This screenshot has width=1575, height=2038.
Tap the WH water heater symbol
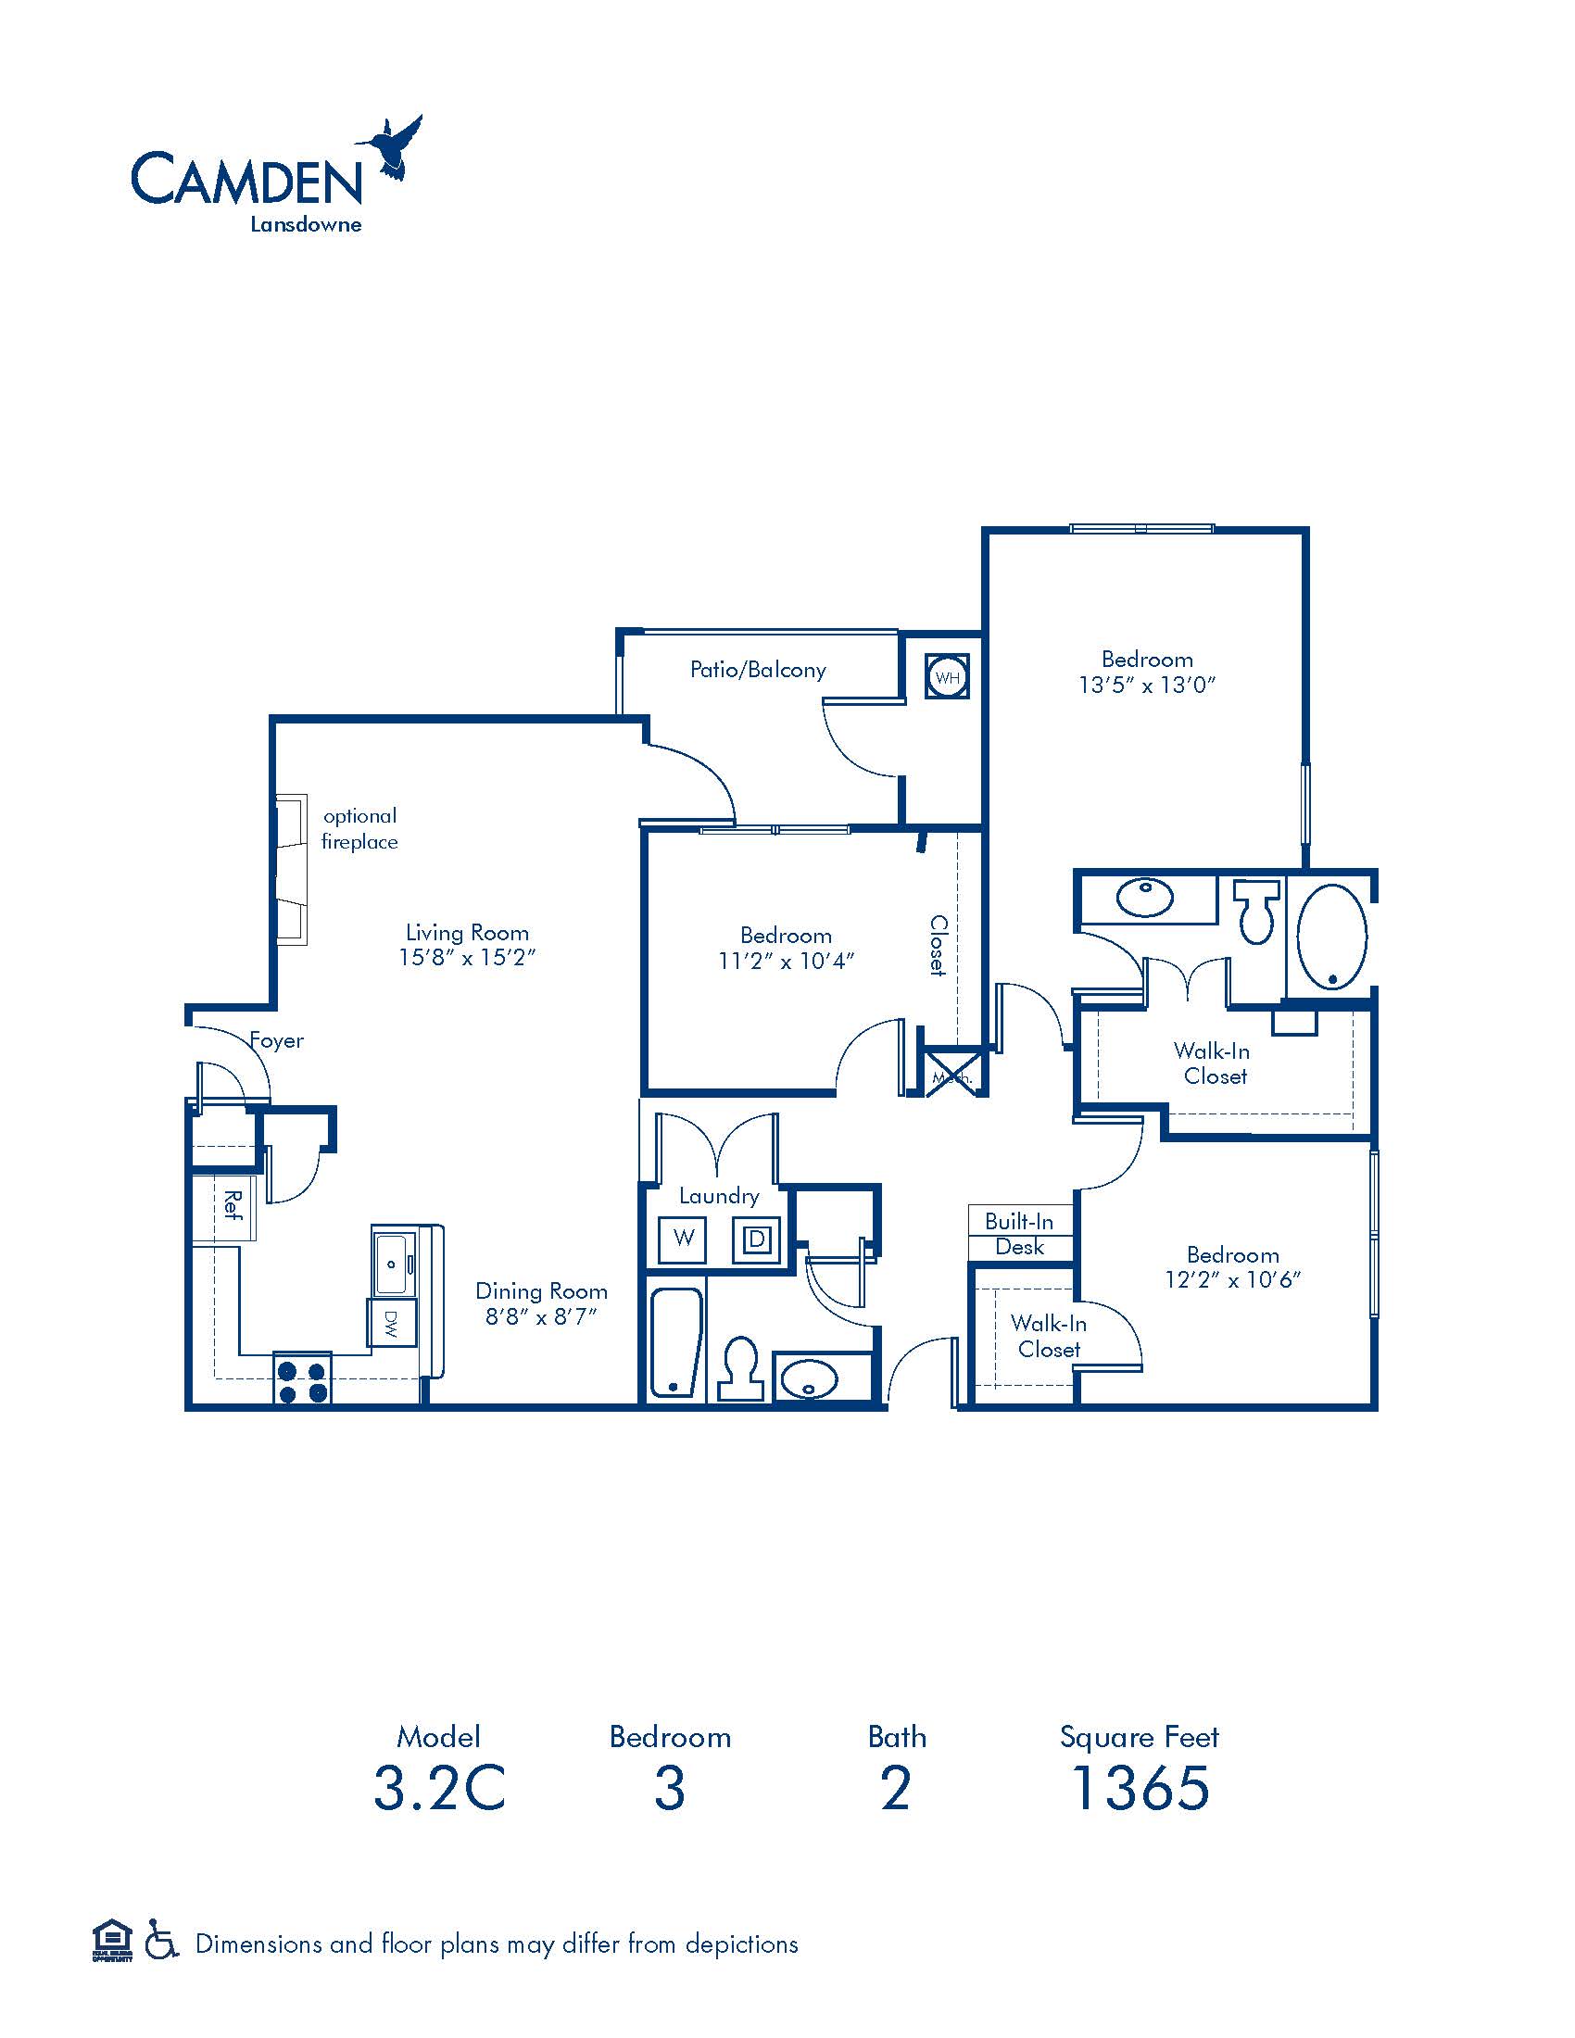947,677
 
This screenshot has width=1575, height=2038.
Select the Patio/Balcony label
758,670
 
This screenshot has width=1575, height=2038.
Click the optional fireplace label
359,829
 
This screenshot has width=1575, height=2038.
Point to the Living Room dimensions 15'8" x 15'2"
467,958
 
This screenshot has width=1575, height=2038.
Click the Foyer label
277,1040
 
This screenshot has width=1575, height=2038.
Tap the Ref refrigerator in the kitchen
225,1206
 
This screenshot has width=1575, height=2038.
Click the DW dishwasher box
391,1322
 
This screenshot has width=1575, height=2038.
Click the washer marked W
684,1239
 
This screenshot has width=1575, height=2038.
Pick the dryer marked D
757,1239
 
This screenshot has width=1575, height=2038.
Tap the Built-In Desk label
1020,1234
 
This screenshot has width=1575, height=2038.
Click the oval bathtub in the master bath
1332,936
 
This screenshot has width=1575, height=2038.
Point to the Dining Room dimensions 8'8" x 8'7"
541,1316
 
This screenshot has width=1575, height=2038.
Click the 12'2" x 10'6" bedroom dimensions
1232,1280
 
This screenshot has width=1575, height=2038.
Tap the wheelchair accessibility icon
161,1944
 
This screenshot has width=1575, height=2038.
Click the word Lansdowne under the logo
305,225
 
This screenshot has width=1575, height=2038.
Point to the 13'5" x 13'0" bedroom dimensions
1147,685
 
